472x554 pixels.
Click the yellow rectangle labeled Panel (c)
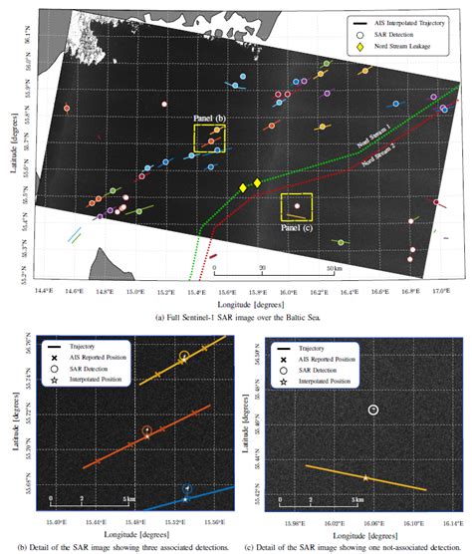tap(297, 207)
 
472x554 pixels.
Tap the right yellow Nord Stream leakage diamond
tap(257, 182)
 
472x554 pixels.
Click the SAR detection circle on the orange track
tap(146, 430)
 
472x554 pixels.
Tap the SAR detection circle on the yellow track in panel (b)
tap(183, 357)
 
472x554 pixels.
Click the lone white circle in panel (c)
tap(372, 410)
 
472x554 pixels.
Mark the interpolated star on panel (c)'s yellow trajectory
tap(365, 478)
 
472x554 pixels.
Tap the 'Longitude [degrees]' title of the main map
tap(236, 300)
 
